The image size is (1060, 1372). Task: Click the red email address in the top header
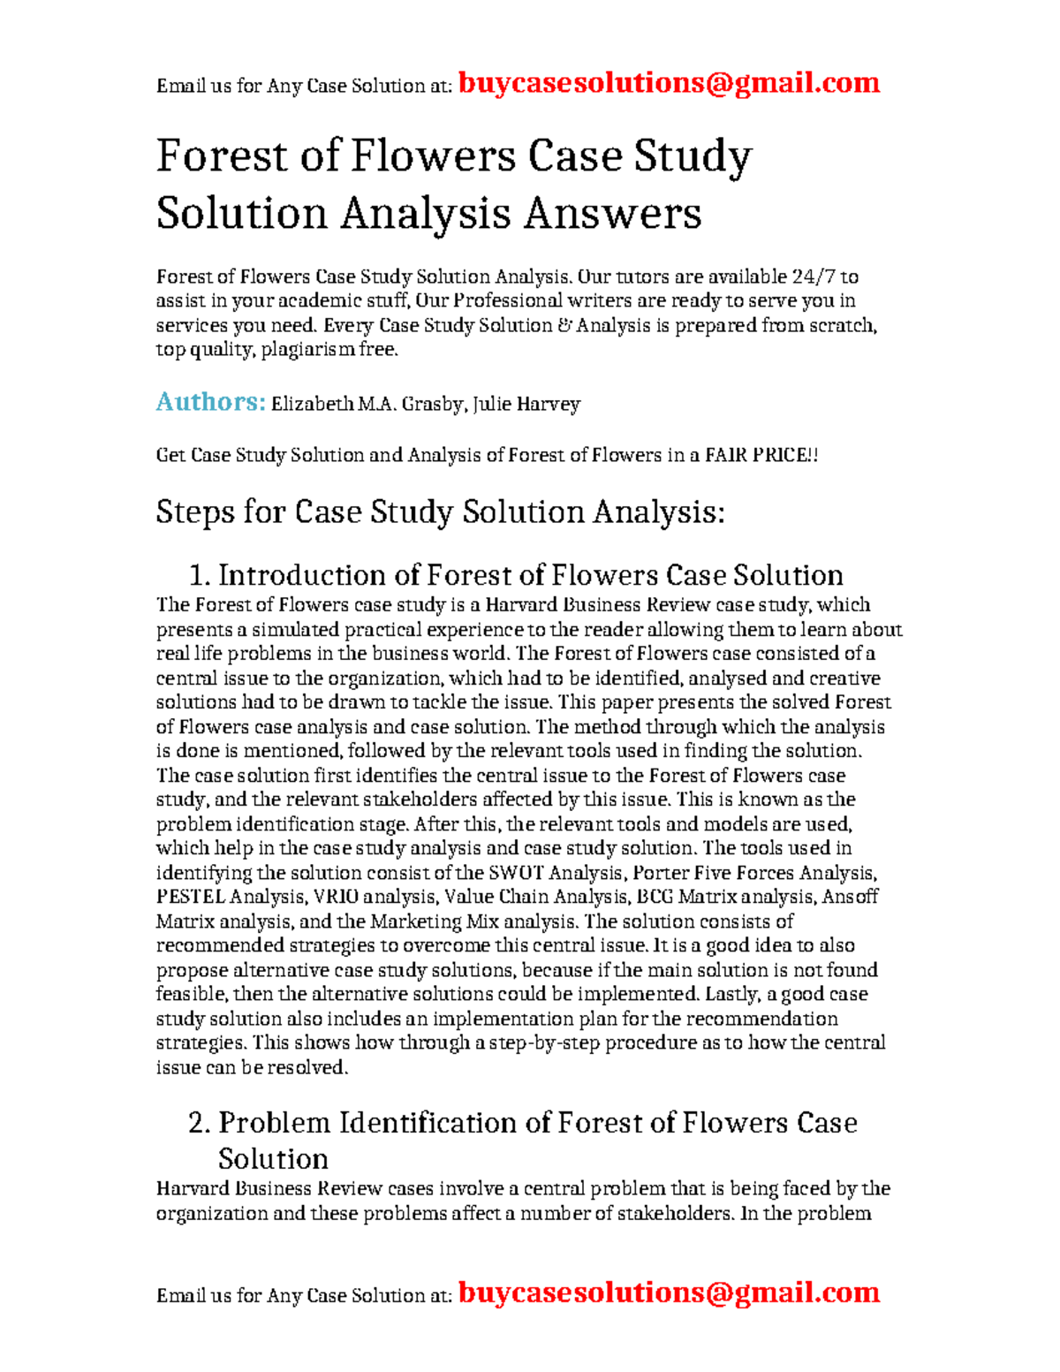click(x=669, y=83)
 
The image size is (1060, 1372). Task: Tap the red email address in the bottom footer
click(x=669, y=1292)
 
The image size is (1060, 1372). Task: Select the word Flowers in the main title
click(x=433, y=155)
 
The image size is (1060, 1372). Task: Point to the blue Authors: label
click(x=210, y=403)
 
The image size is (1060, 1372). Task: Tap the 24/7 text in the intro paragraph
click(x=812, y=277)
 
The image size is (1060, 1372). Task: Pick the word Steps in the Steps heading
click(x=195, y=512)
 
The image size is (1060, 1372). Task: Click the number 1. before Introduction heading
click(x=200, y=576)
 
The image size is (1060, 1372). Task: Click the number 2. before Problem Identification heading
click(x=200, y=1123)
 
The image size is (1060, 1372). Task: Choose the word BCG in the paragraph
click(x=655, y=898)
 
